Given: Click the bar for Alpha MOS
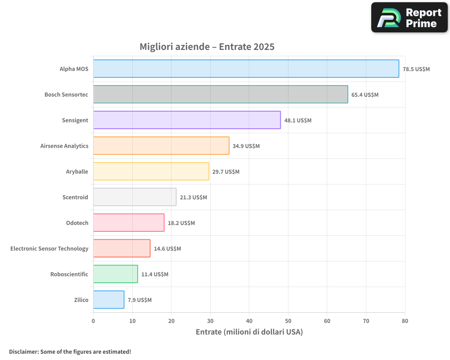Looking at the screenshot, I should [246, 69].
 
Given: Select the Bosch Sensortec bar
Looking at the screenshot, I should [220, 94].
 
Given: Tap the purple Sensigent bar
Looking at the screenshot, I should [187, 120].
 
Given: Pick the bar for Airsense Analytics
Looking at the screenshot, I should [161, 146].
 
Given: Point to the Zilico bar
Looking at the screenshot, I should [108, 300].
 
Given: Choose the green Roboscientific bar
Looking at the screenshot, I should [115, 274].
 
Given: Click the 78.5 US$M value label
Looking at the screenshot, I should [416, 69].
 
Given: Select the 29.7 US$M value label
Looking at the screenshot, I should [226, 172].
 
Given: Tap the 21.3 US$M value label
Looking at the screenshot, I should [193, 198].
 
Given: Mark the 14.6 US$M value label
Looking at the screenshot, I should [167, 249].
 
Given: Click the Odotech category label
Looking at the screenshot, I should [77, 223].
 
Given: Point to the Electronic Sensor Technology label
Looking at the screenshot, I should [49, 248].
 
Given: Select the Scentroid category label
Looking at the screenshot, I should [75, 197].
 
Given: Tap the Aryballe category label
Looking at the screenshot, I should [77, 171].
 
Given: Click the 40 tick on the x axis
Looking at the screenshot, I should [249, 321].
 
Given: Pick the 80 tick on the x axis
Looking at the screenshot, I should [405, 321].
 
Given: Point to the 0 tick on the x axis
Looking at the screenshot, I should [93, 321].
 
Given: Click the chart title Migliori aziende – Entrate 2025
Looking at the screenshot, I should [207, 47].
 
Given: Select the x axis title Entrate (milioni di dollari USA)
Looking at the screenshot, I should [249, 332].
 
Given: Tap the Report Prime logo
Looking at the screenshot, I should [409, 18].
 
